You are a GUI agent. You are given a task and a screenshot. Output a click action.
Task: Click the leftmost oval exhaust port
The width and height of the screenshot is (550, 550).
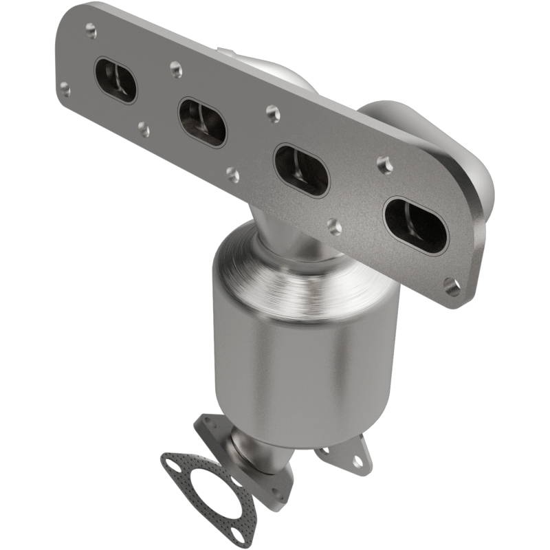[x=115, y=80]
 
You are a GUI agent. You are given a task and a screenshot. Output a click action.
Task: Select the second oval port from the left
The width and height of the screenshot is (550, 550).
[x=202, y=122]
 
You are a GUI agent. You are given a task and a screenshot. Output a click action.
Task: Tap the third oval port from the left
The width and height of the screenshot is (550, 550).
[x=301, y=170]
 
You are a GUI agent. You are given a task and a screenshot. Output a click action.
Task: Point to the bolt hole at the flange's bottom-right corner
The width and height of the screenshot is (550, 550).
[x=452, y=287]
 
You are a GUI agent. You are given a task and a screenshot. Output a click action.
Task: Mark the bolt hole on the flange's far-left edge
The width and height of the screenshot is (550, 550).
[x=65, y=88]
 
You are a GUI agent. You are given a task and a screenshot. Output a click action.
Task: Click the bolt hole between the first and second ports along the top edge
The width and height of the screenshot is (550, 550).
[x=176, y=68]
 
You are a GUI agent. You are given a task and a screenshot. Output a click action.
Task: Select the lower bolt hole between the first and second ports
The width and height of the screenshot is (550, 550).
[x=144, y=129]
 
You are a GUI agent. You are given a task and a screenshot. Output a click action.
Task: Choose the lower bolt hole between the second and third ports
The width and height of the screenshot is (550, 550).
[x=234, y=175]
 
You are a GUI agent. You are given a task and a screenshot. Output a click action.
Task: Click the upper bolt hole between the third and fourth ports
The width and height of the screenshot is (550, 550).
[x=384, y=164]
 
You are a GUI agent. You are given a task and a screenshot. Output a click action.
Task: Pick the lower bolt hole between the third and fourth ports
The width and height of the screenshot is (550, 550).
[x=335, y=226]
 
